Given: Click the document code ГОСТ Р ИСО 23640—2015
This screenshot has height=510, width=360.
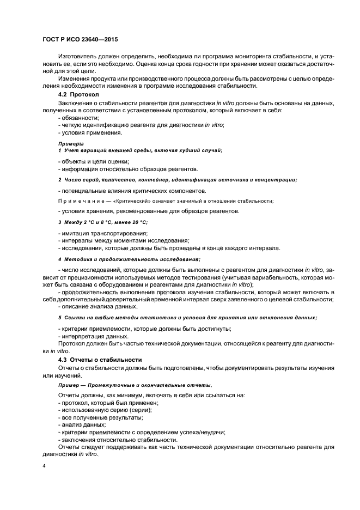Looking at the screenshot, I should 80,40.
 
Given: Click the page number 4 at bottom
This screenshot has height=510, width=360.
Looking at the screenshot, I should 44,467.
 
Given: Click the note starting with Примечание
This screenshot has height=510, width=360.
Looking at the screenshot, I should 166,201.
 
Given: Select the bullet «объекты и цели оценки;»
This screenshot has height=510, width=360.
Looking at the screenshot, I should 93,161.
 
